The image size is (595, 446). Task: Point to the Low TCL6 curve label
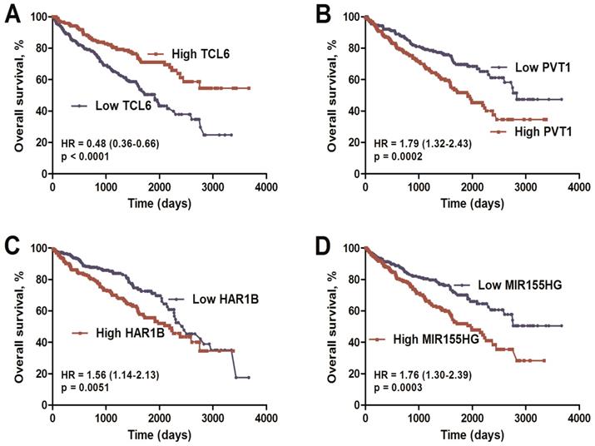[x=123, y=106]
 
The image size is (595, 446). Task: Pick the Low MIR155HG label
[x=520, y=285]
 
